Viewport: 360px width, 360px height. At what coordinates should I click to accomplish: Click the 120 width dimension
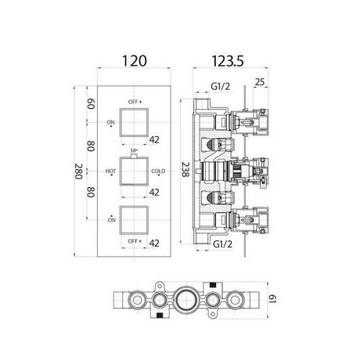(x=134, y=61)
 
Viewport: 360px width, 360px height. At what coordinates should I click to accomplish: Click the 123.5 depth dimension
(x=227, y=61)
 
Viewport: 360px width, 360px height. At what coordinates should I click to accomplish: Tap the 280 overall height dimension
(x=79, y=171)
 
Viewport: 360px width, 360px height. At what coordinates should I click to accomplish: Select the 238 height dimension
(x=185, y=170)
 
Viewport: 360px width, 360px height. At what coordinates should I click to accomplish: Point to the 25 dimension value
(x=260, y=82)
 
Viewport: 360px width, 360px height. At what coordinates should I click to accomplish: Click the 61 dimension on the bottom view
(x=272, y=299)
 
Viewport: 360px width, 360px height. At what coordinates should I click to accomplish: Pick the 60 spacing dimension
(x=91, y=104)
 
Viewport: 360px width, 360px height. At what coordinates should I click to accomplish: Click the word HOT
(x=110, y=171)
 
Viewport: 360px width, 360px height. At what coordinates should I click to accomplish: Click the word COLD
(x=158, y=171)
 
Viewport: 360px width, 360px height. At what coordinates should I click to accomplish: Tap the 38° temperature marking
(x=134, y=150)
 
